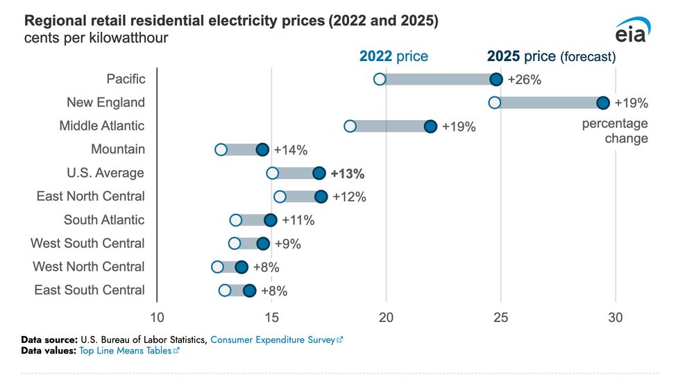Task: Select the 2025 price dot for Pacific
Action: click(496, 79)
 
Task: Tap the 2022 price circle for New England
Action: click(495, 103)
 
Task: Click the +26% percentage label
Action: click(525, 79)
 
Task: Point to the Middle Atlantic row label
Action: click(102, 126)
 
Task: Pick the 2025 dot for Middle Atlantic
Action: click(430, 126)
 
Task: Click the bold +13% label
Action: click(348, 174)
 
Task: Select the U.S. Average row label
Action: click(106, 173)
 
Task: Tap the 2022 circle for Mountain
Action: click(221, 150)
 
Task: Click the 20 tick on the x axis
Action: click(386, 317)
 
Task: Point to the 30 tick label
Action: click(616, 317)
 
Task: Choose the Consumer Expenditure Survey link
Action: click(276, 340)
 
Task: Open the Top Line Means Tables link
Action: click(130, 351)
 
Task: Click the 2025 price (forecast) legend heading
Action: click(552, 56)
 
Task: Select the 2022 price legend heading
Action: click(393, 56)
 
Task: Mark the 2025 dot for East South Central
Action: click(250, 290)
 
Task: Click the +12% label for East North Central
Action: click(349, 197)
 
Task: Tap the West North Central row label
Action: click(89, 267)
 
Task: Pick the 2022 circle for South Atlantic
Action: click(236, 221)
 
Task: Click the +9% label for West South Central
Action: click(288, 244)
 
